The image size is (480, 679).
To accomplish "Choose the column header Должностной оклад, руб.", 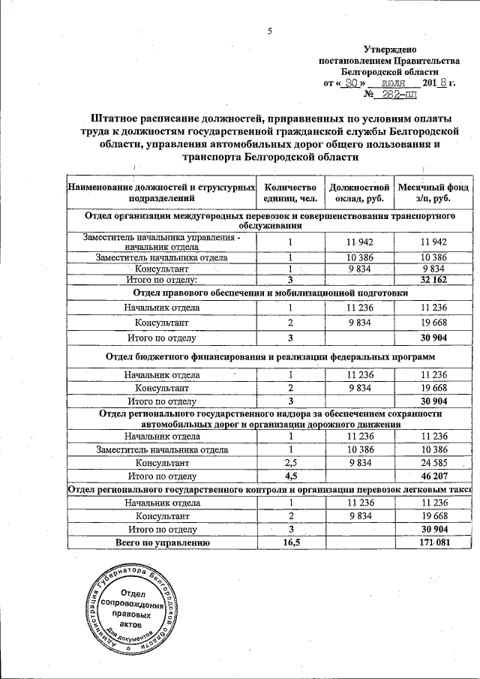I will (x=359, y=193).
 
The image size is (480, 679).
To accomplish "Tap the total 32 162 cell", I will (x=434, y=280).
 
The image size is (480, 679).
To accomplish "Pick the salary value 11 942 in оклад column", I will (x=359, y=242).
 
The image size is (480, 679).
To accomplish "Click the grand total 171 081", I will (x=434, y=542).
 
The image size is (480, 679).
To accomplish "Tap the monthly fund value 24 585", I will (x=434, y=462).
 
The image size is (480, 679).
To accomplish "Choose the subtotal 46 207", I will (x=434, y=476).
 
